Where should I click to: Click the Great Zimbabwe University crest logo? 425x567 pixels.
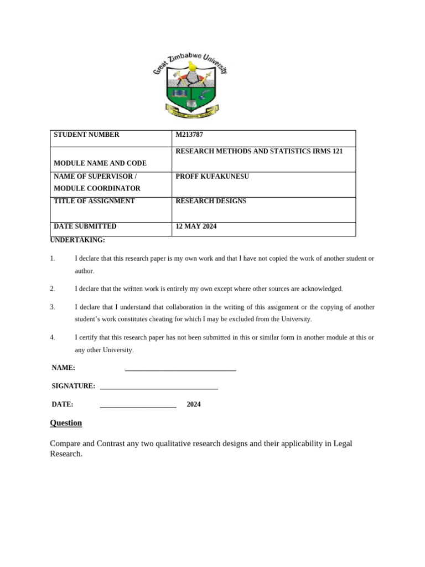coord(190,85)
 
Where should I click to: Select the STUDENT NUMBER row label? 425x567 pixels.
coord(86,135)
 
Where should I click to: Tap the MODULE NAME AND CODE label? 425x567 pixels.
coord(100,163)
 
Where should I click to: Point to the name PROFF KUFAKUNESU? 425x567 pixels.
coord(212,176)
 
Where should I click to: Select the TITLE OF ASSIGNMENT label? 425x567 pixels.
coord(94,201)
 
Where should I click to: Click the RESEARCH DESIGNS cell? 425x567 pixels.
coord(211,201)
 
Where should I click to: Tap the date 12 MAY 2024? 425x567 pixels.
coord(196,226)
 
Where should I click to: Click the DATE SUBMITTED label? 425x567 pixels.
coord(85,226)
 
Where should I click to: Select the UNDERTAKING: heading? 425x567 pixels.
coord(77,240)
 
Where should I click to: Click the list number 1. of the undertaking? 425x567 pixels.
coord(53,259)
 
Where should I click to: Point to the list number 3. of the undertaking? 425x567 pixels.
coord(53,307)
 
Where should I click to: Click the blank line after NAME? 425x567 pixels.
coord(180,368)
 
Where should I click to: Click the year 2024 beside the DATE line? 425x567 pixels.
coord(194,405)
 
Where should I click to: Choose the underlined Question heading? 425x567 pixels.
coord(66,423)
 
